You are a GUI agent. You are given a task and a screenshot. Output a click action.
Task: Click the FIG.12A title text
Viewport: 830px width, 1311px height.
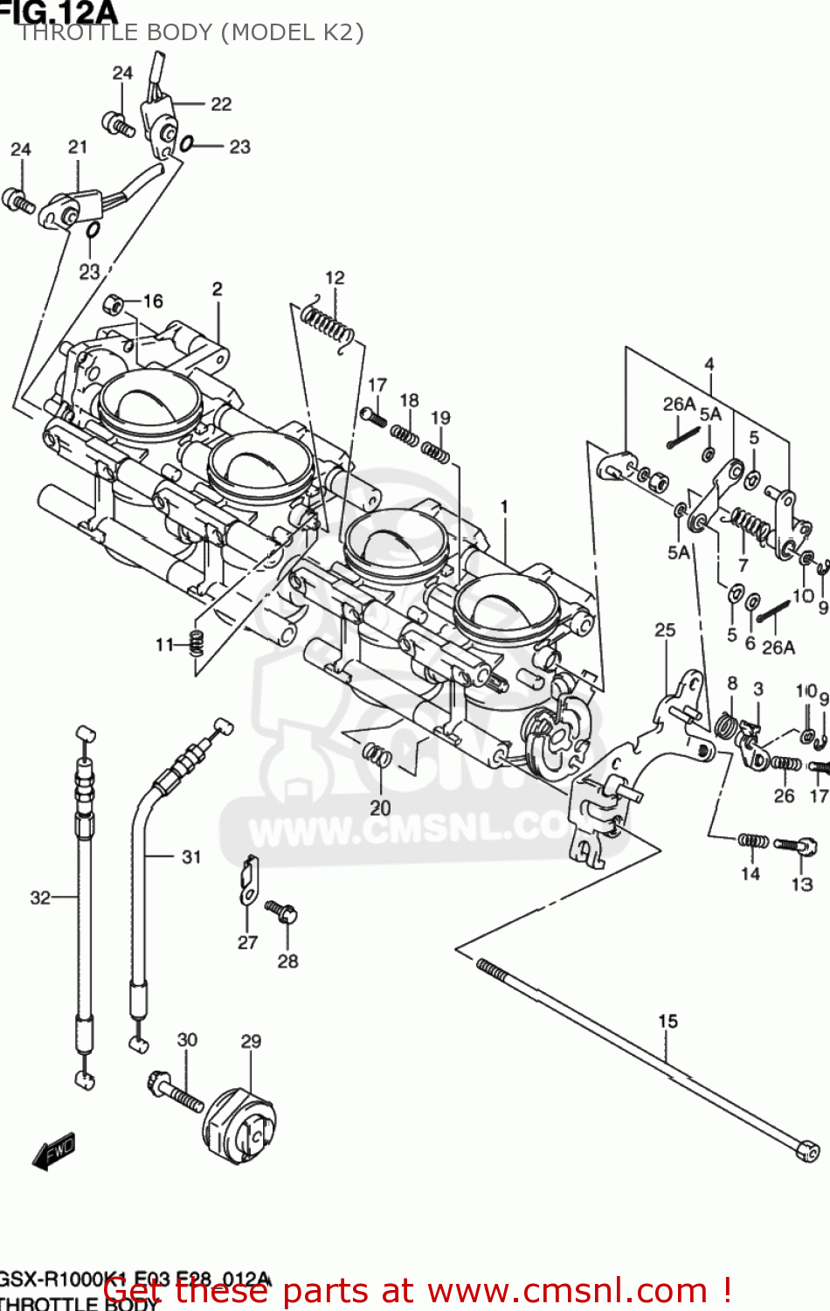coord(59,11)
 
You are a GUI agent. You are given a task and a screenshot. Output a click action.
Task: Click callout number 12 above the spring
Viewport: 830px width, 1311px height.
coord(335,278)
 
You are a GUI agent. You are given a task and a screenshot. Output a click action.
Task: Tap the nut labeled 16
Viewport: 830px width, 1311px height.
coord(113,305)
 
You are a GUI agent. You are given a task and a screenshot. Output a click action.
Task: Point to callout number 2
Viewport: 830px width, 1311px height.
coord(217,289)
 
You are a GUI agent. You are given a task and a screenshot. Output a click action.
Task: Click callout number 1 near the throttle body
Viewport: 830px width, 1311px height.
coord(504,507)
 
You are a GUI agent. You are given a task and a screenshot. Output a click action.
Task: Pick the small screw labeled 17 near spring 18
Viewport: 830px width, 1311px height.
coord(373,415)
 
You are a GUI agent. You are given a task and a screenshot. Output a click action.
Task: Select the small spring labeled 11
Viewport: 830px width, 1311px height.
coord(197,643)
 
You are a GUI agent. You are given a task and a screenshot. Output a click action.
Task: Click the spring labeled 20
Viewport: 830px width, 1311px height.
coord(377,753)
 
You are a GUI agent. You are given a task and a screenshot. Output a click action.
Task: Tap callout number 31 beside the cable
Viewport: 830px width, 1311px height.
coord(191,857)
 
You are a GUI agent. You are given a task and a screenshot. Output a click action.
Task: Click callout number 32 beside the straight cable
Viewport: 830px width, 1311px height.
coord(40,898)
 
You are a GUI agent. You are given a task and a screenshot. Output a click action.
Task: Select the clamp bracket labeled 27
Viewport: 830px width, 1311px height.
coord(249,880)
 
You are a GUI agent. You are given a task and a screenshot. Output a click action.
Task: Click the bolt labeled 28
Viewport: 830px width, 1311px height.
coord(282,912)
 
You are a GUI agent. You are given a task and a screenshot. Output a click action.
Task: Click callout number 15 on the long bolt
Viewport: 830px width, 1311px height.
coord(667,1021)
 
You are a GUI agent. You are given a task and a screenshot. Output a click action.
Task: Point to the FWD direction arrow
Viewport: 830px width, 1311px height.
coord(54,1151)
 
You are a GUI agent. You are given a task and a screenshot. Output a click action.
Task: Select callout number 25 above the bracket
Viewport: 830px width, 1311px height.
coord(665,630)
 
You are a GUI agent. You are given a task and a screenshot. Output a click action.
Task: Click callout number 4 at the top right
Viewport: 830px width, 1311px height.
coord(709,364)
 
